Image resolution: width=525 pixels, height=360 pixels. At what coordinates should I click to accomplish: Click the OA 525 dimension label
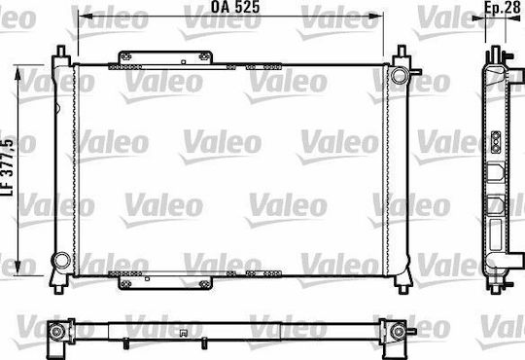(x=235, y=7)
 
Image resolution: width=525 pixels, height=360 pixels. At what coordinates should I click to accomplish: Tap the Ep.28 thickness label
(x=503, y=8)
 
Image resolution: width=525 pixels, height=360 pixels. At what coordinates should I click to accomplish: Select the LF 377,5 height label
(x=8, y=167)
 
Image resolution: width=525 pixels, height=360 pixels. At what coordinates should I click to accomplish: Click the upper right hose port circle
(x=400, y=75)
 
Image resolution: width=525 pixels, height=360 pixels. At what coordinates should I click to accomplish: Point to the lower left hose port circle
(x=61, y=261)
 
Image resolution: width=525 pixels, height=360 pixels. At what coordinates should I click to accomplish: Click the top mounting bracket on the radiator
(x=165, y=57)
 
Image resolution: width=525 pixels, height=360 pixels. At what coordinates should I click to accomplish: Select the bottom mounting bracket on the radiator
(x=165, y=283)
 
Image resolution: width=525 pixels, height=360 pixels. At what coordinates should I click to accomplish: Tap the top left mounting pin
(x=61, y=51)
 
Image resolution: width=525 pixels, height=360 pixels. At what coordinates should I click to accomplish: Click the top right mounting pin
(x=402, y=51)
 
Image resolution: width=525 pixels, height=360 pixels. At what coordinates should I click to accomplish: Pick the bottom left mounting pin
(x=59, y=290)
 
